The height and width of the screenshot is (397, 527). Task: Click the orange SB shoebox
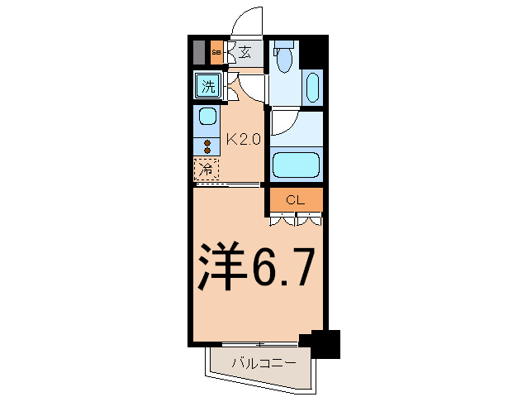tap(216, 52)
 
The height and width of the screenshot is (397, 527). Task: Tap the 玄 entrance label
tap(245, 52)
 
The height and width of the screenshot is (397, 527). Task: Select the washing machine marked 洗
tap(208, 86)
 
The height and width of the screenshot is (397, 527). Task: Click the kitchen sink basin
tap(207, 116)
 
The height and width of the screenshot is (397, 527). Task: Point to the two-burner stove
tap(207, 146)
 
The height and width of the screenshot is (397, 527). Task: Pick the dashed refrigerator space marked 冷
tap(207, 170)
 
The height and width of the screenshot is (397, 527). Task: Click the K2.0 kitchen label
tap(244, 139)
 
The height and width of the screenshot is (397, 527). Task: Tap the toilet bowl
tap(284, 57)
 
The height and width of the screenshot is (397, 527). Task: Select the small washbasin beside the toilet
tap(312, 87)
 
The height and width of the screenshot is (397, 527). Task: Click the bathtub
tap(296, 165)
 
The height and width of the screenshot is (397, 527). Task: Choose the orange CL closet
tap(296, 200)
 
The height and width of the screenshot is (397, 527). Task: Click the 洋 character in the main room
tap(221, 265)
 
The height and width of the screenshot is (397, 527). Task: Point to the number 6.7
tap(282, 266)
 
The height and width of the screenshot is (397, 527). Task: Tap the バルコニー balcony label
tap(264, 363)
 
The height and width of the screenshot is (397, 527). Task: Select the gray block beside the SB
tap(199, 52)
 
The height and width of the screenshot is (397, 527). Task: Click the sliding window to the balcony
tap(260, 344)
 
